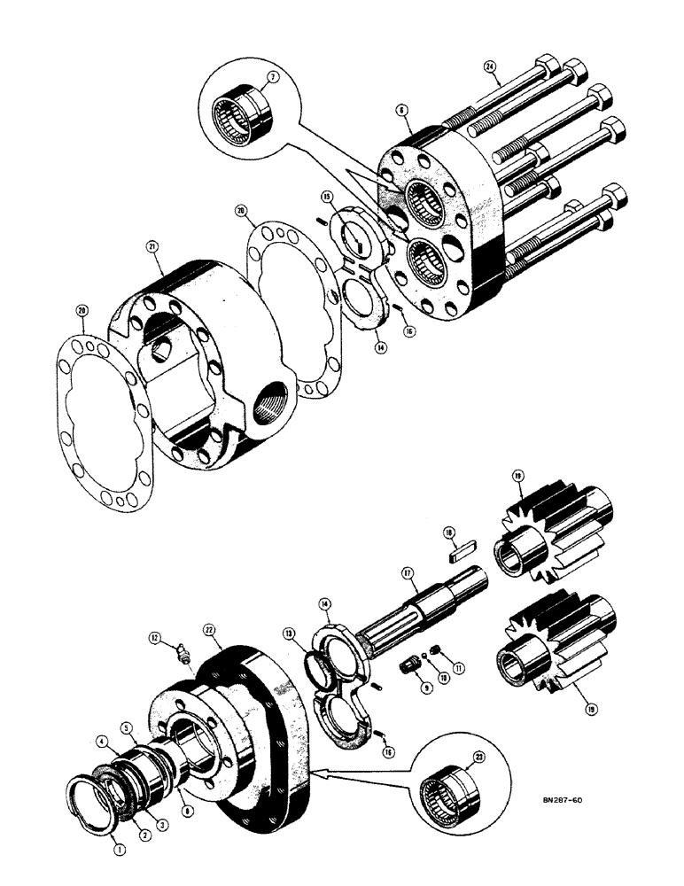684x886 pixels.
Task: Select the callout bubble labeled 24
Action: [x=490, y=66]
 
